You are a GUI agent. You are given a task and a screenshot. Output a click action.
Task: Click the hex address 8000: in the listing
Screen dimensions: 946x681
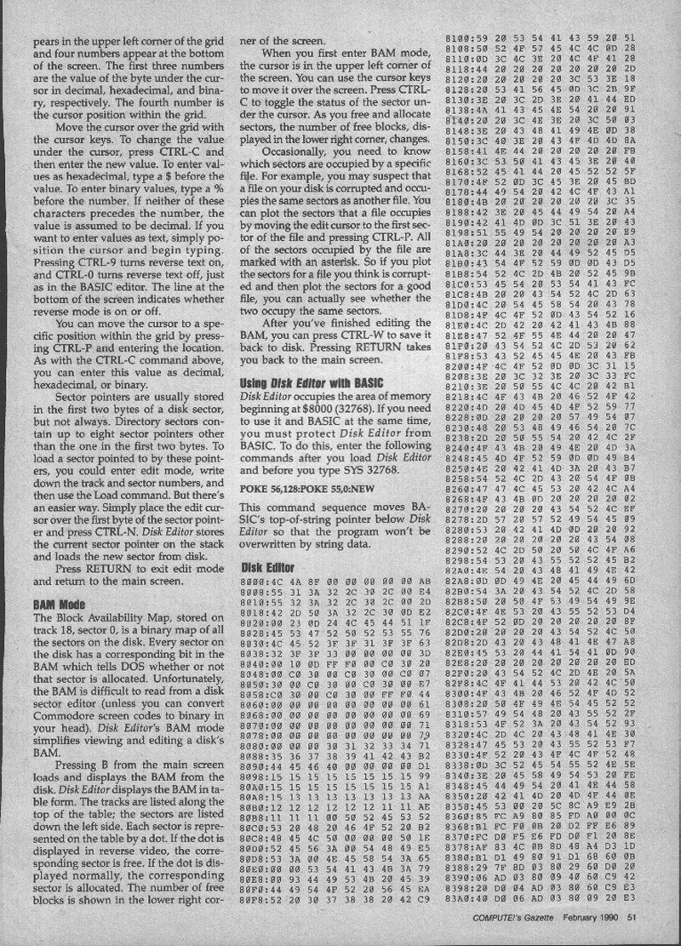(x=255, y=581)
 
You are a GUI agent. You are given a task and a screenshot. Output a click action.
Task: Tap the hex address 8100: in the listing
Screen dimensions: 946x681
(x=462, y=41)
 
